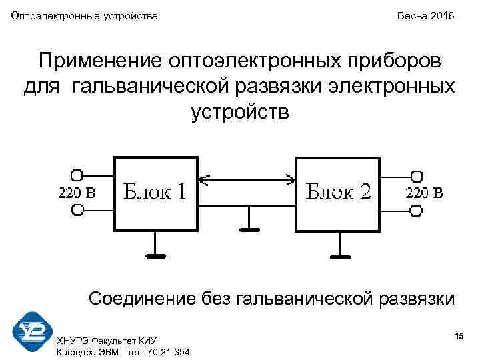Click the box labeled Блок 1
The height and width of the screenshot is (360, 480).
156,194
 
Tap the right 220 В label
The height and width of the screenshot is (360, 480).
424,193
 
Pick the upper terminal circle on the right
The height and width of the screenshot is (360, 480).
417,176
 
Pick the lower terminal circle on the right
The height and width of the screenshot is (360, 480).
417,211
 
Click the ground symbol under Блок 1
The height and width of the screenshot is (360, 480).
156,254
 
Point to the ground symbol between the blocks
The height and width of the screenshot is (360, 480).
249,229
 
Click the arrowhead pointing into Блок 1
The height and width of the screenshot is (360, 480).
204,179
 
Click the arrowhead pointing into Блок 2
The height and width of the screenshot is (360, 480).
291,179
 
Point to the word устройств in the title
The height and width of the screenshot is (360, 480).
240,111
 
